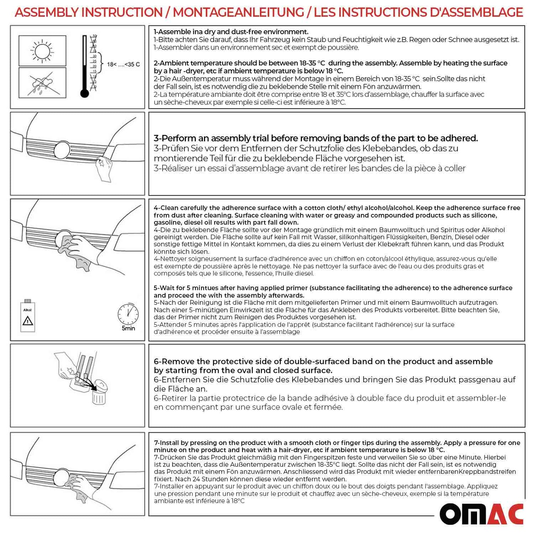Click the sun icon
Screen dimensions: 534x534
click(42, 51)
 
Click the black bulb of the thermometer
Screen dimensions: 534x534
click(85, 93)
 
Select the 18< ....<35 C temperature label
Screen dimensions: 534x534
click(123, 64)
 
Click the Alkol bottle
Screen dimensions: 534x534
click(28, 316)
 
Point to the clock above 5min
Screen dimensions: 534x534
click(128, 314)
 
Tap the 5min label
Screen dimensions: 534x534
click(128, 328)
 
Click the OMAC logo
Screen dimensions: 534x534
click(481, 514)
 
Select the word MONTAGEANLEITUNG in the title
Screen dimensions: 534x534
click(238, 12)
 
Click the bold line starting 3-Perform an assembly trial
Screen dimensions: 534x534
click(316, 138)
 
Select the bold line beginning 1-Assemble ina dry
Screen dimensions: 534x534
click(231, 32)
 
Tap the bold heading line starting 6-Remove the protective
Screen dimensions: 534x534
click(323, 361)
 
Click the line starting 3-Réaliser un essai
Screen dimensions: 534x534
click(309, 169)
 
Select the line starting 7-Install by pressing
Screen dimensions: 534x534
click(337, 443)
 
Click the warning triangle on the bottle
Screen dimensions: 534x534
click(28, 320)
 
